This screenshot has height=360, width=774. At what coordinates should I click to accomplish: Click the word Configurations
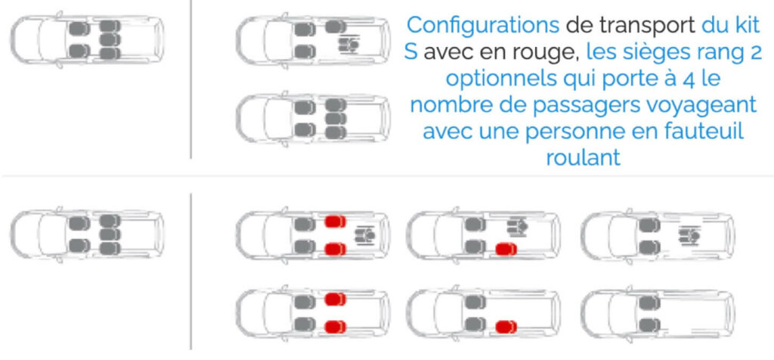coord(483,25)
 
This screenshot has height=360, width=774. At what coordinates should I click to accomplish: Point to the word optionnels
coord(500,79)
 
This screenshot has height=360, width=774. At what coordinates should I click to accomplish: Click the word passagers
coord(580,105)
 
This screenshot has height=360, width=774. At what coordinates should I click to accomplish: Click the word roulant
coord(583,157)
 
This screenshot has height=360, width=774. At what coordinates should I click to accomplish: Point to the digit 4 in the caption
coord(688,79)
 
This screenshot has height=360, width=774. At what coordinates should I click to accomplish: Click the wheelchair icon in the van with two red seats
coord(364,234)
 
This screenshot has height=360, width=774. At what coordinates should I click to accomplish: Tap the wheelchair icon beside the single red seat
coord(517,227)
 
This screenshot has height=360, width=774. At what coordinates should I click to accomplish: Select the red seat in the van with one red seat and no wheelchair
coord(506,327)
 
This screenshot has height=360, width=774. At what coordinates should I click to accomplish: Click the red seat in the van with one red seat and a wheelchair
coord(506,249)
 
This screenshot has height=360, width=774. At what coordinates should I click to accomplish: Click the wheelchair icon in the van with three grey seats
coord(348,44)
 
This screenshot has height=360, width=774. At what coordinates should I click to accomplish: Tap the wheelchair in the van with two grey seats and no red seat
coord(689,235)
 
